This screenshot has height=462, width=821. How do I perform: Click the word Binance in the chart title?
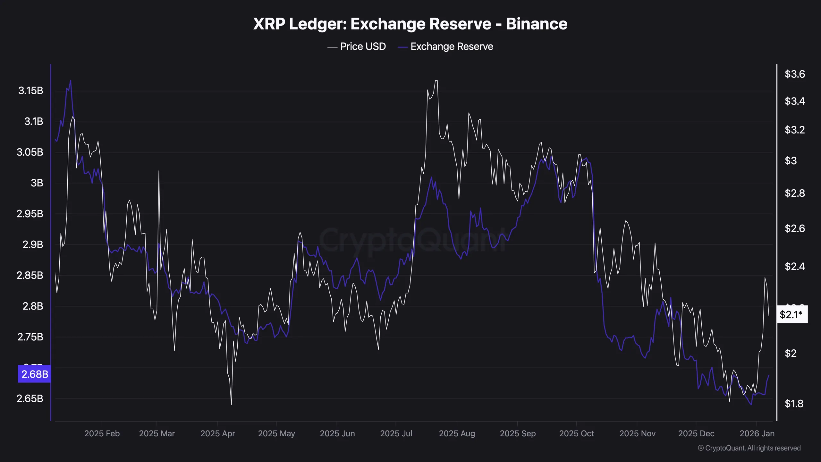click(536, 24)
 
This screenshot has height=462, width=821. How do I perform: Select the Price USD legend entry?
click(356, 47)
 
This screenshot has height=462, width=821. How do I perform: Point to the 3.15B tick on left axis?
click(31, 90)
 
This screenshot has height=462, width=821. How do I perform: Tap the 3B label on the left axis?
click(37, 183)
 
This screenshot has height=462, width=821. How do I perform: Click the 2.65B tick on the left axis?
click(30, 398)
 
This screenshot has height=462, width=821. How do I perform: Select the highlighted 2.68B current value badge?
click(35, 374)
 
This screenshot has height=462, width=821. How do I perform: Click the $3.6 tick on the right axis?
click(794, 74)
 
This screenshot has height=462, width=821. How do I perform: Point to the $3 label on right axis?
click(791, 160)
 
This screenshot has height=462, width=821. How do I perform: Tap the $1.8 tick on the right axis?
click(794, 403)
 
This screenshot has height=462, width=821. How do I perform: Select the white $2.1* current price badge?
click(791, 314)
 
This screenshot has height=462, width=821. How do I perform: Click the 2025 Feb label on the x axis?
click(102, 433)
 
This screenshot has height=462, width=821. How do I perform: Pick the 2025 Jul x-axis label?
click(396, 433)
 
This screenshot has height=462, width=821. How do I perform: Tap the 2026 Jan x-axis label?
click(757, 433)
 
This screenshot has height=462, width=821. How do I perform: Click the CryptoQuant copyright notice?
click(749, 448)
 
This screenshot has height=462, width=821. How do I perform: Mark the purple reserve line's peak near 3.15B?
click(71, 81)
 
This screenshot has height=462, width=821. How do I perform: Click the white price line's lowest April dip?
click(231, 404)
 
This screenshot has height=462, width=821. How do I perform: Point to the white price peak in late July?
click(436, 81)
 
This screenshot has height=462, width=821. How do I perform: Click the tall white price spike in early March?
click(159, 171)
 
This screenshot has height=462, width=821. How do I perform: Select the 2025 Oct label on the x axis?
click(576, 433)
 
